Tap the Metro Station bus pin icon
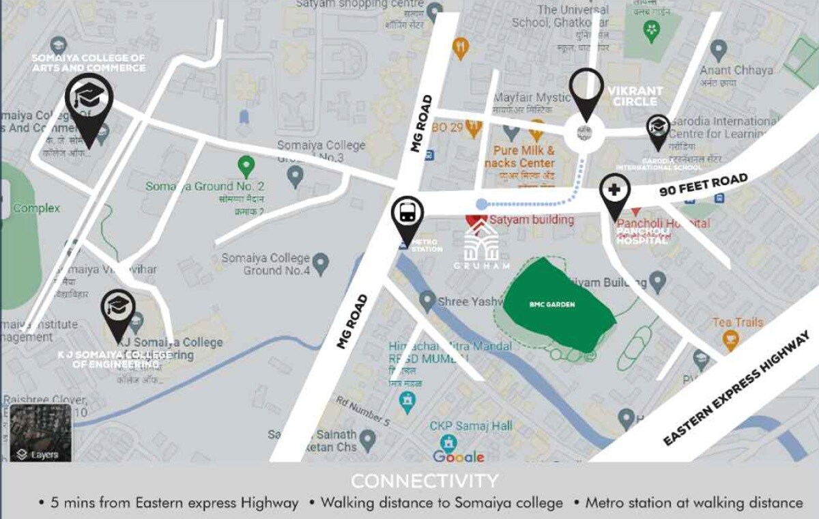coord(407,214)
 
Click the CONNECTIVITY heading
coord(424,481)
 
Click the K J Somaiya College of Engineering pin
coord(117,310)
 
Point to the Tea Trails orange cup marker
coord(730,338)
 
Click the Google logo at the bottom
coord(458,456)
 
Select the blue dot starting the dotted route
coord(481,204)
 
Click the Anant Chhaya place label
coord(736,70)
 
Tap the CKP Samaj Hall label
coord(471,425)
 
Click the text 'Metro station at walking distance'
coord(694,503)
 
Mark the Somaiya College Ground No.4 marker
coord(320,261)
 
